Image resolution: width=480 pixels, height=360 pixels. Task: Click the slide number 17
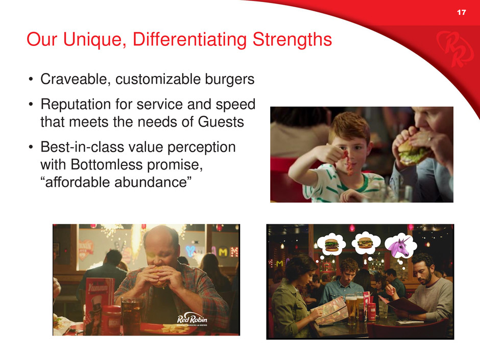(x=461, y=12)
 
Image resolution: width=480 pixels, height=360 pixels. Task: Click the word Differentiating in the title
(x=189, y=39)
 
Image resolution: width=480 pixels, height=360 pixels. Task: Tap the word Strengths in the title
(x=293, y=39)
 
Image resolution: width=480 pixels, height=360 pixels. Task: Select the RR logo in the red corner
(x=450, y=49)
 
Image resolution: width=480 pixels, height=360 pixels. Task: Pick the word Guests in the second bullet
(x=221, y=122)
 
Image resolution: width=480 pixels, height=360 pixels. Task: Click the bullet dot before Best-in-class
(x=31, y=147)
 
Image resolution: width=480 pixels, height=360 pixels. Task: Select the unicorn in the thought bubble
(x=399, y=246)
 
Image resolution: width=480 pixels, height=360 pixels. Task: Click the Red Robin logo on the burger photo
(x=192, y=320)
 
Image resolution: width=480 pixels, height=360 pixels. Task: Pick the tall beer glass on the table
(x=351, y=309)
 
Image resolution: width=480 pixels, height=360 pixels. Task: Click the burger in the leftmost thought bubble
(x=331, y=245)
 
